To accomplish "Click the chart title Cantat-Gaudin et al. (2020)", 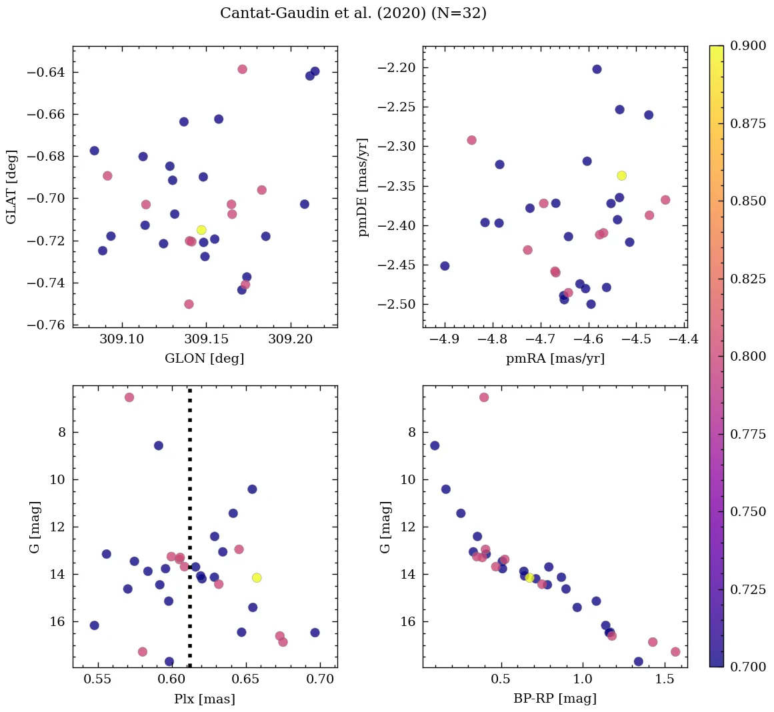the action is [x=323, y=13].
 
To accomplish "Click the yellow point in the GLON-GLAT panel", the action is [x=201, y=229].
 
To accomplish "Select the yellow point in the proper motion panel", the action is [x=621, y=175].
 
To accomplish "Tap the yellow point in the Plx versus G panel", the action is [x=257, y=578].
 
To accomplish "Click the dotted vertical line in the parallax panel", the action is [x=190, y=527].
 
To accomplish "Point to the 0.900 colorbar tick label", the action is [x=748, y=45].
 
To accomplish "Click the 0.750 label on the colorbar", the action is [x=748, y=511].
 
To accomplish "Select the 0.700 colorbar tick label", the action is [x=748, y=667].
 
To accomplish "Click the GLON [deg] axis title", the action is [x=205, y=358].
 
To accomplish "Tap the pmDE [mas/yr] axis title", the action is [x=364, y=187].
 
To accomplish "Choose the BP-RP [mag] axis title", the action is [x=555, y=699].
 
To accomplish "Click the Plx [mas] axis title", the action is [x=205, y=699].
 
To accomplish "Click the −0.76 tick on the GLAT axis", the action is [x=45, y=325].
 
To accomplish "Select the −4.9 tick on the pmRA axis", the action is [x=445, y=339].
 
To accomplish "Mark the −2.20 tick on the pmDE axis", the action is [x=397, y=67].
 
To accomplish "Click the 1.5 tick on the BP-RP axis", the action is [x=665, y=679].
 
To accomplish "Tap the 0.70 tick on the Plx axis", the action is [x=320, y=679].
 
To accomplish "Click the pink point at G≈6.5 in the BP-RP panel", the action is [x=484, y=397].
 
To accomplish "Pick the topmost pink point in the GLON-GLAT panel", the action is [x=242, y=69].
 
